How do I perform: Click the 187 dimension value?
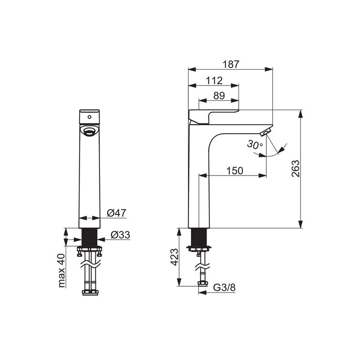point(231,64)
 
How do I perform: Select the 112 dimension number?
point(214,81)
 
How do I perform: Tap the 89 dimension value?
point(219,95)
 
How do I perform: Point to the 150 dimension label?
point(234,171)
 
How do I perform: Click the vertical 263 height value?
point(296,168)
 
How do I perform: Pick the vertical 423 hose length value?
point(175,257)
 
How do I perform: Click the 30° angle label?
point(255,145)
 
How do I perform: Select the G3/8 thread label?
point(224,288)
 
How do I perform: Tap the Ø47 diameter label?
point(117,213)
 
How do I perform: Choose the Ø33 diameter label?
point(120,235)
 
